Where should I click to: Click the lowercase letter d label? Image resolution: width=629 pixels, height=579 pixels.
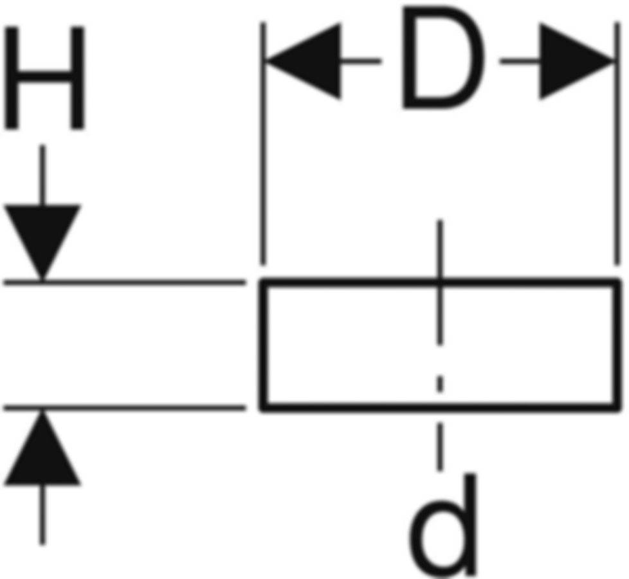point(444,524)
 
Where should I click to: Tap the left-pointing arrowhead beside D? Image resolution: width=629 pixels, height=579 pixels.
point(305,62)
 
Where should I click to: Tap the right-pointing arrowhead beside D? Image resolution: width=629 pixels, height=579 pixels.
point(574,62)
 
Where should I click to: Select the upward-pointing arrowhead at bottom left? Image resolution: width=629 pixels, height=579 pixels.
point(42,450)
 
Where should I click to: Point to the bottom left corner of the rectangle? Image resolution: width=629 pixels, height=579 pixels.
point(263,407)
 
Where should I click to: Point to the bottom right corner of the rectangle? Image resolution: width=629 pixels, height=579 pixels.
point(617,407)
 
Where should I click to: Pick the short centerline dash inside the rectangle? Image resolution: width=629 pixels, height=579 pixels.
point(440,385)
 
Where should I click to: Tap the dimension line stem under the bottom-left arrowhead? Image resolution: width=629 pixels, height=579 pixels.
point(42,515)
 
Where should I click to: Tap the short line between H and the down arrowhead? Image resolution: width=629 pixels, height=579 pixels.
point(42,174)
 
